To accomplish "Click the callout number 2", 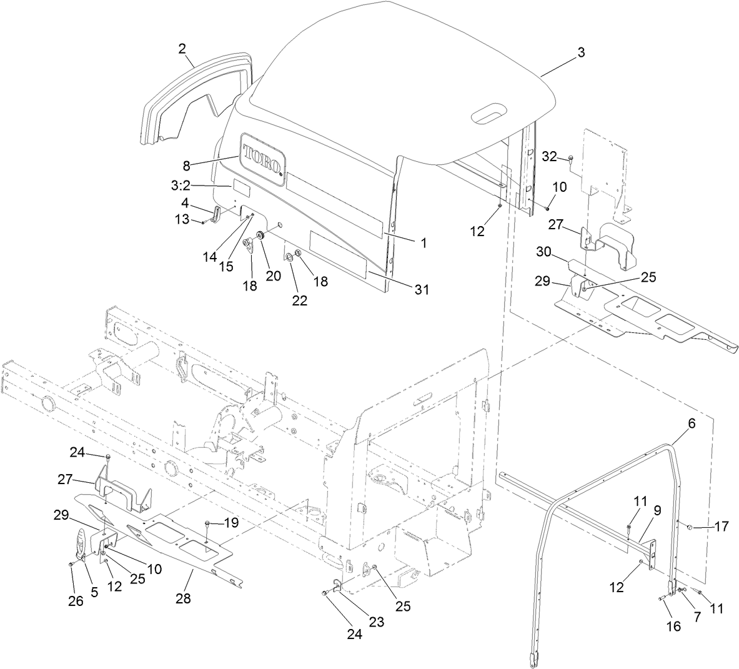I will (x=182, y=47).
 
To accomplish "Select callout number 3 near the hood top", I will (x=581, y=53).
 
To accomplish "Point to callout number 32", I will (x=549, y=156).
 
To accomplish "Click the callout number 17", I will (x=722, y=527).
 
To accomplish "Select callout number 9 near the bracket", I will (x=657, y=510).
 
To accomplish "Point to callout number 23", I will (x=377, y=622).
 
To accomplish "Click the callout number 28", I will (x=183, y=598).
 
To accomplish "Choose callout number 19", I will (x=231, y=523).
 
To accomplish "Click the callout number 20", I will (x=273, y=275).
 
